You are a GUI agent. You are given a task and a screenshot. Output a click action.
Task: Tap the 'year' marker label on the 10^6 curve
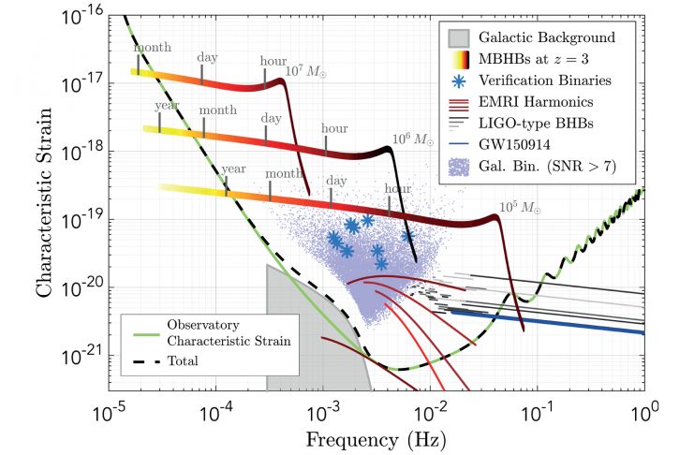[x=167, y=105]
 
